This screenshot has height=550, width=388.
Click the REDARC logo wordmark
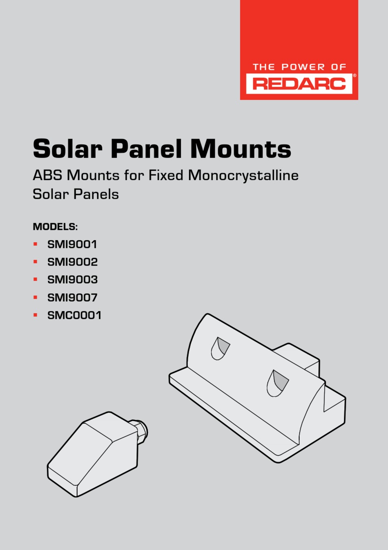(x=299, y=84)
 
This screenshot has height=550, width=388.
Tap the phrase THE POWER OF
(x=299, y=67)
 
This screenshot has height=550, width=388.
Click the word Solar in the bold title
(x=68, y=149)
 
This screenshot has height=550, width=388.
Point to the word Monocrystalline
(x=243, y=176)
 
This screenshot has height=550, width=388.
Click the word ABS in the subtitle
(x=47, y=175)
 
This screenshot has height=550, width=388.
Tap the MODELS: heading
(x=55, y=227)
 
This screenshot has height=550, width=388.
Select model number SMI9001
(x=72, y=244)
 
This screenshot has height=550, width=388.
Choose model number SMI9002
(x=73, y=262)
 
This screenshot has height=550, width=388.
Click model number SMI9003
(x=73, y=280)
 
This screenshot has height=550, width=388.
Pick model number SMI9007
(x=72, y=298)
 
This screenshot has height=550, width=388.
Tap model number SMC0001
(x=74, y=315)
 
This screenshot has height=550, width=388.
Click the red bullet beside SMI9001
(x=35, y=244)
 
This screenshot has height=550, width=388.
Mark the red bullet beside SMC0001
(x=35, y=315)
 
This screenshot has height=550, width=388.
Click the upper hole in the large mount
(x=220, y=348)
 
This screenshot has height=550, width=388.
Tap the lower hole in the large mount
(x=277, y=383)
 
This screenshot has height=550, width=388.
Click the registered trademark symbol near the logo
(x=355, y=76)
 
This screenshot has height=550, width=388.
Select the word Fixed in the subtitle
(x=166, y=175)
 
